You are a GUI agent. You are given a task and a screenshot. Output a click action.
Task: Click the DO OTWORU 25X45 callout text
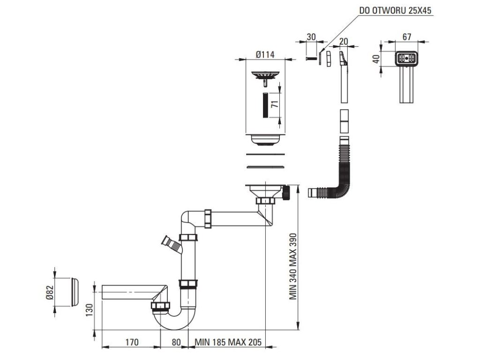tap(395, 10)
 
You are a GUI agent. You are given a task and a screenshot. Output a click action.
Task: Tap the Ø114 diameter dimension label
tap(265, 54)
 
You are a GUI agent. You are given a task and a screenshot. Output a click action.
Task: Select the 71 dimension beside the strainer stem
tap(276, 104)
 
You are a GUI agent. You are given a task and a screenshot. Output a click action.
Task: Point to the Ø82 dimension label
tap(50, 292)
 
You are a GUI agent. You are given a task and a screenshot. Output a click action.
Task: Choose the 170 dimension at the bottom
tap(132, 342)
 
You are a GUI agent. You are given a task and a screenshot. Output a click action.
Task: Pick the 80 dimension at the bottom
tap(176, 342)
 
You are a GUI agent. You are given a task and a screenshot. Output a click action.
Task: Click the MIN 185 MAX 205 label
tap(228, 342)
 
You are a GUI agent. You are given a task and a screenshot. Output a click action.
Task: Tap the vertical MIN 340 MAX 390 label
tap(293, 266)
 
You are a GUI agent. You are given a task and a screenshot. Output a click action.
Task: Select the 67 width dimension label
tap(406, 37)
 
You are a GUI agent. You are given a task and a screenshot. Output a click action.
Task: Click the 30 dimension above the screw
tap(311, 37)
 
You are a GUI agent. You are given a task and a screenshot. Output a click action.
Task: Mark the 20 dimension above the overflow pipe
tap(344, 41)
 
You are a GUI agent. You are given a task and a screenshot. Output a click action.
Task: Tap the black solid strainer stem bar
tap(265, 105)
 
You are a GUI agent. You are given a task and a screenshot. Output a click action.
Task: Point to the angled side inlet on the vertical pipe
tap(172, 244)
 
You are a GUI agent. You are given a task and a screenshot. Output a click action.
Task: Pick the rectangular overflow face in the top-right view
tap(406, 58)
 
